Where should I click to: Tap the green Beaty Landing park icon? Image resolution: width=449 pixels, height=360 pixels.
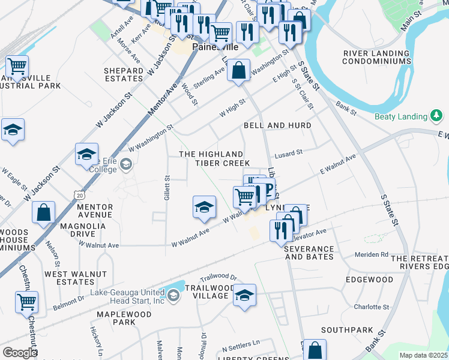click(x=437, y=116)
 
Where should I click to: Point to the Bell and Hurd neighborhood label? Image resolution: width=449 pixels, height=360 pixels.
click(x=277, y=125)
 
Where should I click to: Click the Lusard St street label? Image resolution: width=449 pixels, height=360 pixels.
click(x=289, y=154)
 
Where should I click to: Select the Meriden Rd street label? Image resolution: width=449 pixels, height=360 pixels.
click(x=372, y=254)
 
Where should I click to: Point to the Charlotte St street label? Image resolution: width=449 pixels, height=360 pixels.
click(x=371, y=307)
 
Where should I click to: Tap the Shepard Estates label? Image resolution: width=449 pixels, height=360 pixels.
click(x=124, y=74)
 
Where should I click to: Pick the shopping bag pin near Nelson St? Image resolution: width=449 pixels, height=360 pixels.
click(x=44, y=212)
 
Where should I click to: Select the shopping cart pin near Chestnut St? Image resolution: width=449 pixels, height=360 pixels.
click(x=26, y=302)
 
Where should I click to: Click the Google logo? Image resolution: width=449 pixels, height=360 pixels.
click(x=20, y=353)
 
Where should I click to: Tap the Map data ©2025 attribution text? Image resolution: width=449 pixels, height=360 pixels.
click(x=423, y=355)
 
